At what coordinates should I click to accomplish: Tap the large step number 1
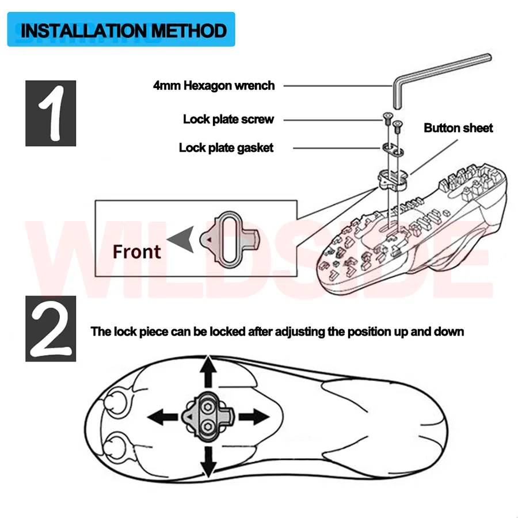pyautogui.click(x=51, y=113)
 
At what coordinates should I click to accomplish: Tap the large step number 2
pyautogui.click(x=51, y=329)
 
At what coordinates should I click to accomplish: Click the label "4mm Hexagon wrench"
pyautogui.click(x=214, y=86)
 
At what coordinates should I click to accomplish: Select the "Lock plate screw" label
pyautogui.click(x=228, y=120)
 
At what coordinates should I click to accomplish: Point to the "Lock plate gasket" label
pyautogui.click(x=226, y=148)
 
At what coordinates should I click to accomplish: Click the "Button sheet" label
pyautogui.click(x=458, y=128)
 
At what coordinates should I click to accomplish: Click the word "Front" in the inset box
pyautogui.click(x=136, y=252)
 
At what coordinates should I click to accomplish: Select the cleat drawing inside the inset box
pyautogui.click(x=228, y=238)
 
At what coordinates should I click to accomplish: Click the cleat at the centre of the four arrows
pyautogui.click(x=207, y=416)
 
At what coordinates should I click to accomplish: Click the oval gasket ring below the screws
pyautogui.click(x=393, y=148)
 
